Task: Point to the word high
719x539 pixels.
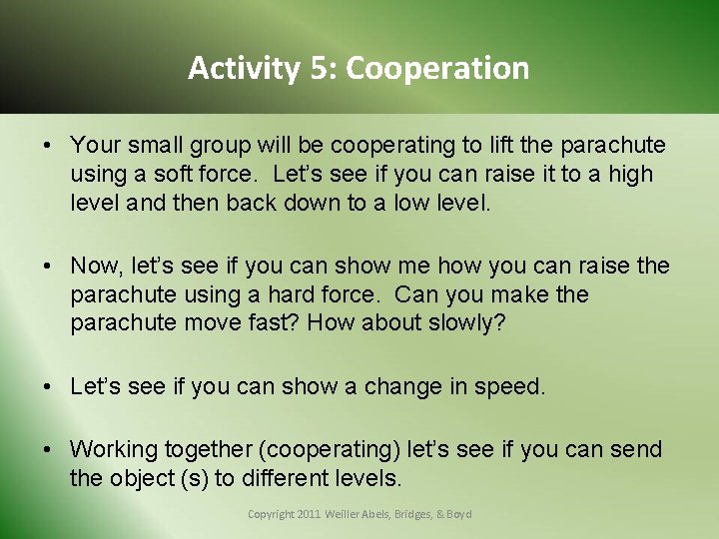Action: click(x=631, y=174)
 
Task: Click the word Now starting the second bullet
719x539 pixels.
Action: click(x=94, y=266)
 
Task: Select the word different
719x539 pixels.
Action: click(x=280, y=478)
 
